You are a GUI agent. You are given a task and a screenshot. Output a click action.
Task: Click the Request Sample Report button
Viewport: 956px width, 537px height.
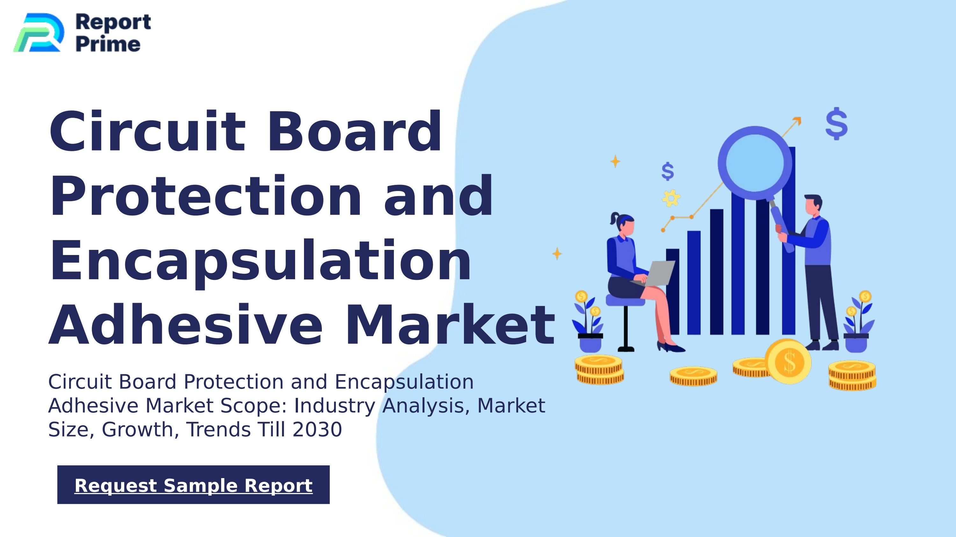tap(193, 485)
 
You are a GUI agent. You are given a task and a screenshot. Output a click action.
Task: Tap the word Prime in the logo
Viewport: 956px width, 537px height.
tap(108, 44)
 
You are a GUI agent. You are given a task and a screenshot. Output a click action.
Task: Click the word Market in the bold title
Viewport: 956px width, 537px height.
tap(450, 325)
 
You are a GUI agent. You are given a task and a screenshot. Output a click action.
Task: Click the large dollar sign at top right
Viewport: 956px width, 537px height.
tap(836, 124)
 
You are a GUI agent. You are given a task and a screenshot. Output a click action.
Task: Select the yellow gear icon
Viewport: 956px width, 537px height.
tap(671, 198)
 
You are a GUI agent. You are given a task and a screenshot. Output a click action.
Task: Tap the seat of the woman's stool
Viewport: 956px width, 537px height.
tap(625, 300)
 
